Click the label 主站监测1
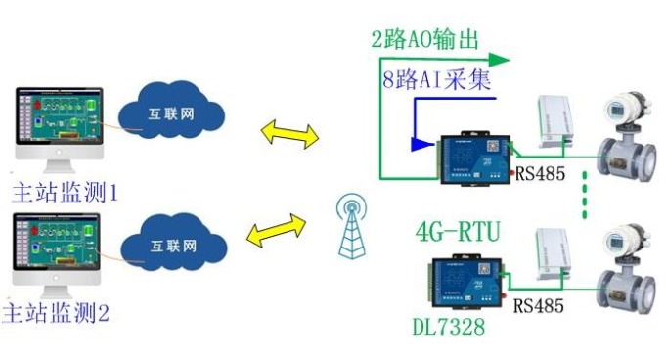[65, 191]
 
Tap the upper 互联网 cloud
[172, 114]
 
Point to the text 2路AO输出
[424, 40]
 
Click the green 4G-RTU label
[458, 234]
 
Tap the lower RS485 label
[539, 305]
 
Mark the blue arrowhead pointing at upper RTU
[421, 144]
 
